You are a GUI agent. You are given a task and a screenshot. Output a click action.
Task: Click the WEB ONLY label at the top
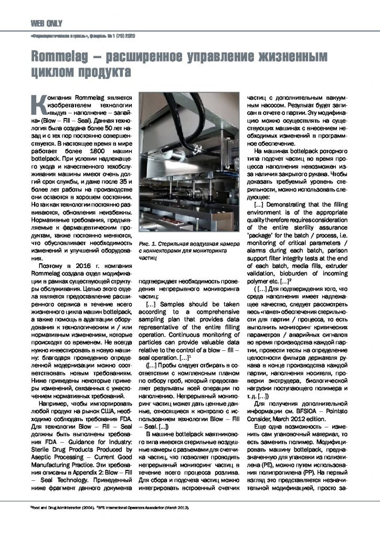pos(47,23)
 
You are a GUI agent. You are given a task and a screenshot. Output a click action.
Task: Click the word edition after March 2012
pos(322,421)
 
